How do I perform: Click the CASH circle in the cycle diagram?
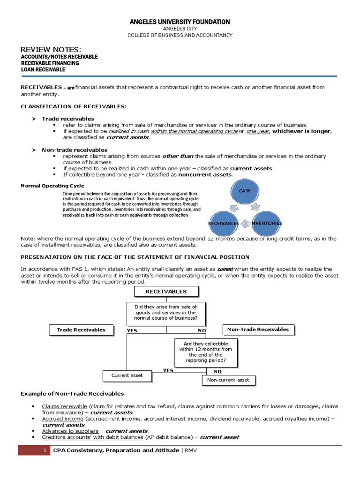pos(245,191)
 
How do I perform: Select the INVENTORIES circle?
pos(266,223)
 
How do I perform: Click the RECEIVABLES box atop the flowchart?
pos(166,292)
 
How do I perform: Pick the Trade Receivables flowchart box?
pos(81,330)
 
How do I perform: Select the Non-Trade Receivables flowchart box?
pos(258,330)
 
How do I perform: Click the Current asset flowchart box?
pos(127,375)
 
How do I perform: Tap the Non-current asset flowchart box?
pos(228,380)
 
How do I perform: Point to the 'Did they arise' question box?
pos(165,313)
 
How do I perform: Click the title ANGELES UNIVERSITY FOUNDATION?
pos(180,22)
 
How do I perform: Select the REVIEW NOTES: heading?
pos(51,50)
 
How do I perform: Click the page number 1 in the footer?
pos(44,450)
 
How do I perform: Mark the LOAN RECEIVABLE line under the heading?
pos(43,69)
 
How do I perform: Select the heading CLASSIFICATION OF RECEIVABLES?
pos(74,106)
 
